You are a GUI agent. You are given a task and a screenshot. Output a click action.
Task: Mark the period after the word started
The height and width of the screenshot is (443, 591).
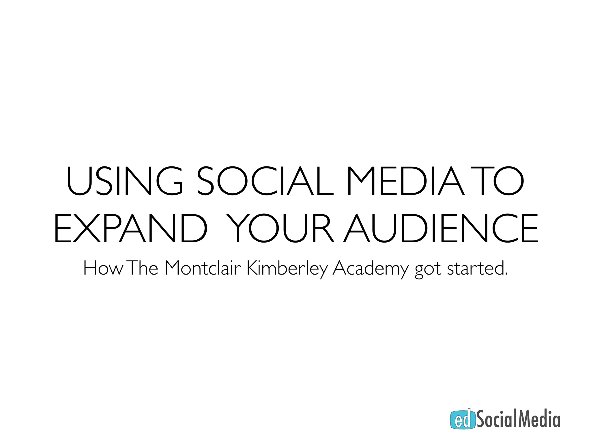(x=506, y=274)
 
